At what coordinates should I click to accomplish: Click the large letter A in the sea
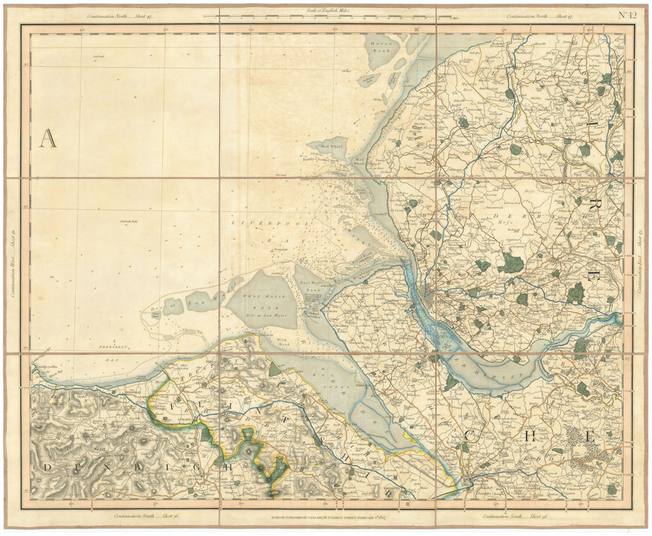click(x=48, y=139)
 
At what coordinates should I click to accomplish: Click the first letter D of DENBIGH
click(x=48, y=468)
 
